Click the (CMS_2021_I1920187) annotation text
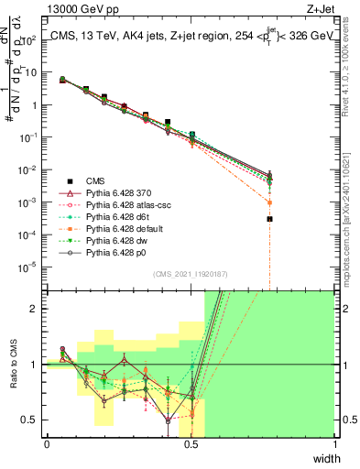point(190,274)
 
